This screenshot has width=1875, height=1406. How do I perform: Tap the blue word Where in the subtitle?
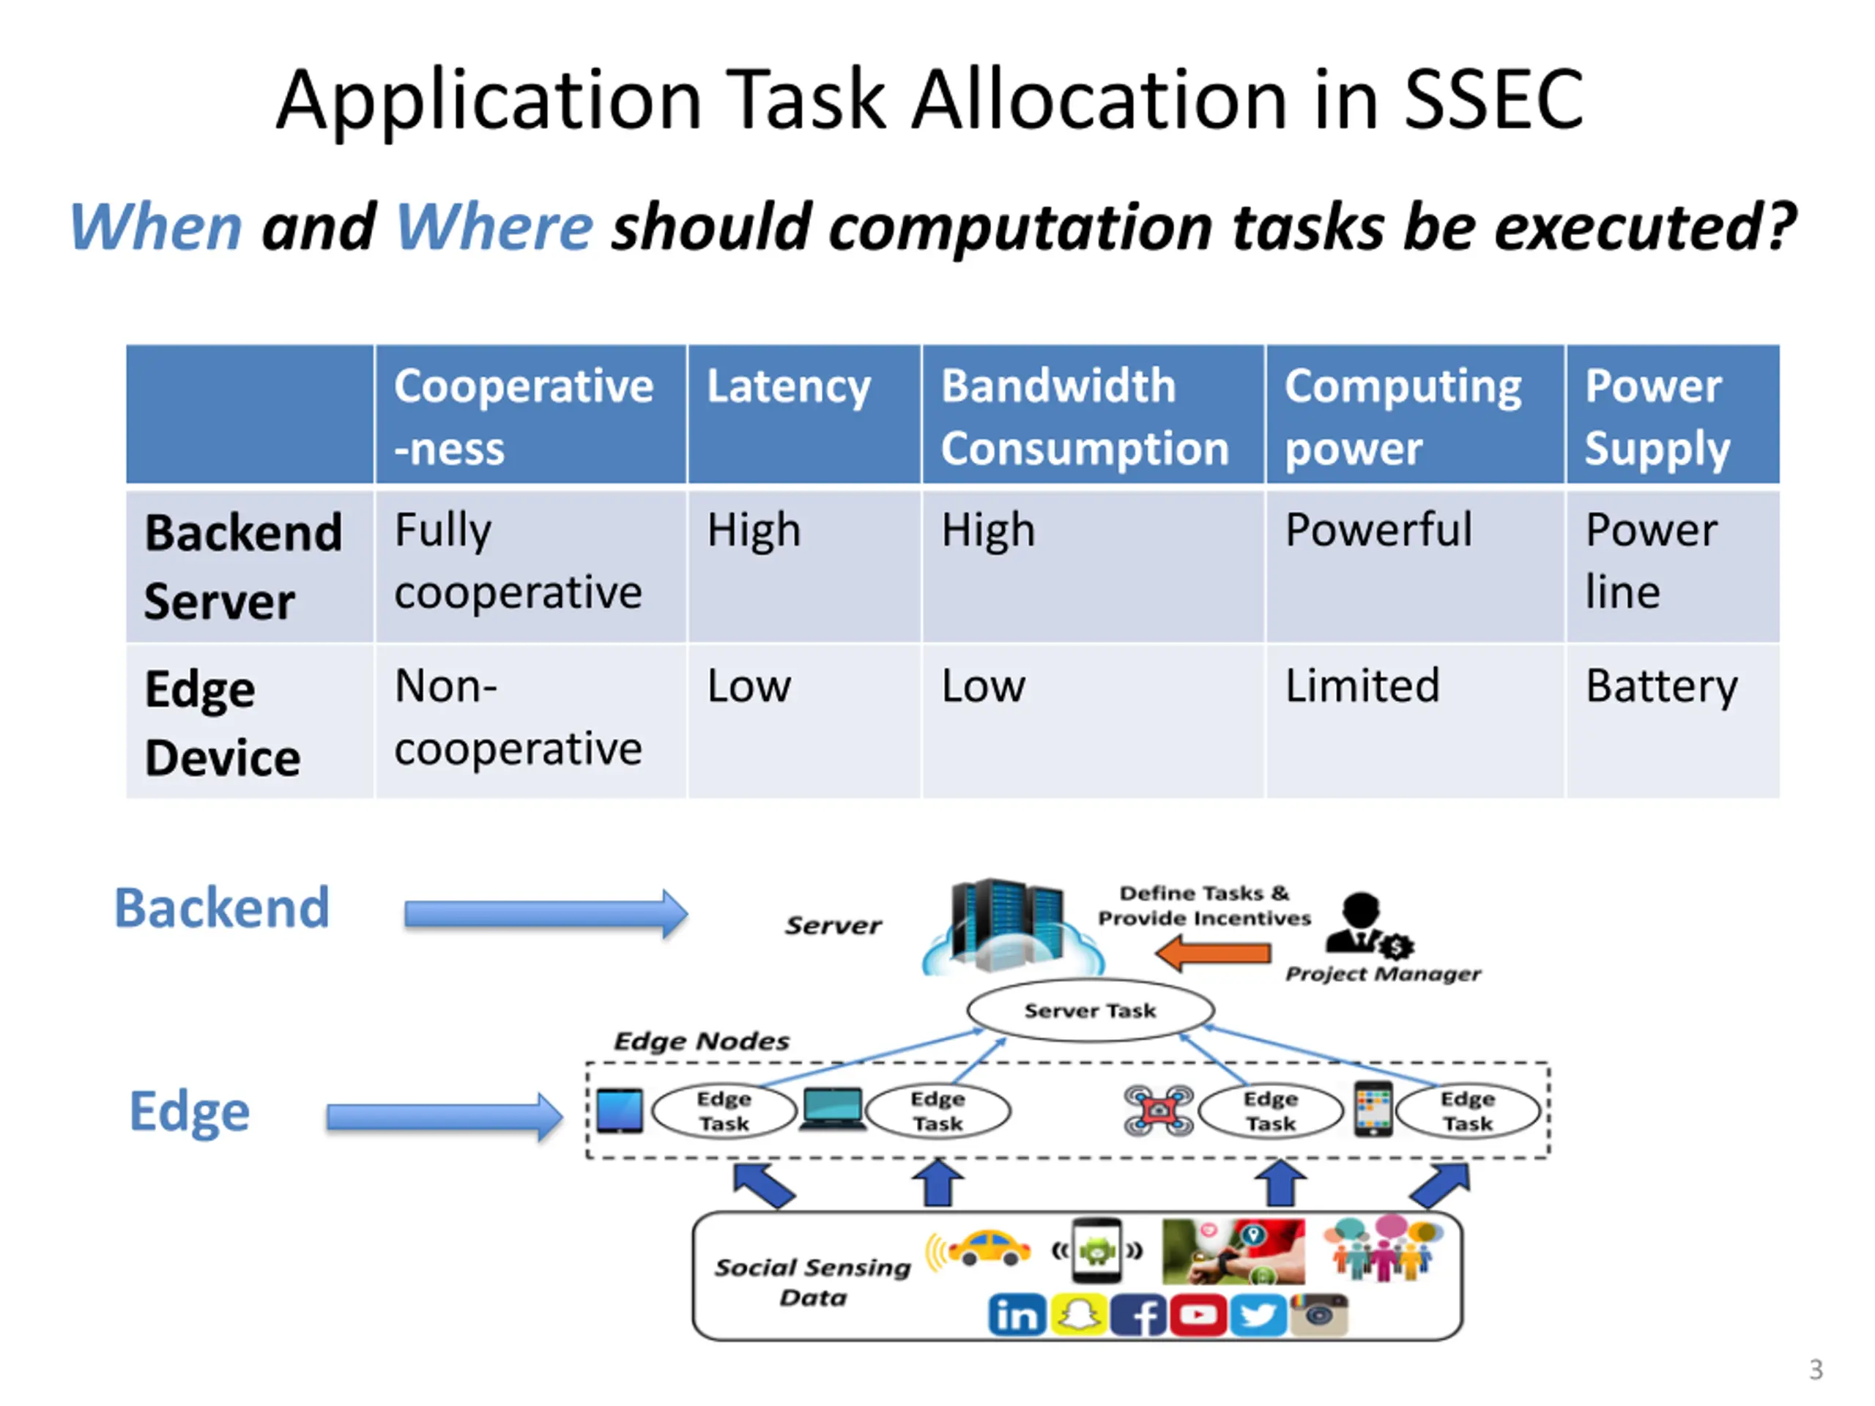click(494, 227)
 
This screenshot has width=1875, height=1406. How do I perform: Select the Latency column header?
click(788, 387)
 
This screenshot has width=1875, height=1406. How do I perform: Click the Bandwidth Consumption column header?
click(1084, 417)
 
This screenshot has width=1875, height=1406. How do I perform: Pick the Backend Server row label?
click(243, 567)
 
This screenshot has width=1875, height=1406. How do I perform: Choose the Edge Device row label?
click(223, 723)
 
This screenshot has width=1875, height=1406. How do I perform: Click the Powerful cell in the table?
click(1378, 529)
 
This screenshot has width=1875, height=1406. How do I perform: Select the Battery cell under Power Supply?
click(1661, 686)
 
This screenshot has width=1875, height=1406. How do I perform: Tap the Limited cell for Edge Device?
click(1362, 685)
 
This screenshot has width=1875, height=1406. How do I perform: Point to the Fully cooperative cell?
click(518, 561)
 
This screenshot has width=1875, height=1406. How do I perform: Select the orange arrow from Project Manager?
click(1213, 953)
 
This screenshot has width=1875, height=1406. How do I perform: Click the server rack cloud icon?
click(1012, 926)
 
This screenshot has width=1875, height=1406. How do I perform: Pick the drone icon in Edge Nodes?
click(1159, 1110)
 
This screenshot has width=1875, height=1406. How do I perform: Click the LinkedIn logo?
click(1017, 1315)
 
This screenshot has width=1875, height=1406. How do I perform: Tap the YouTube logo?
click(1198, 1314)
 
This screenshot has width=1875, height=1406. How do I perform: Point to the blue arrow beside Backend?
click(546, 914)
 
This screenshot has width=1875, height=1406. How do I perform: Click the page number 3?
click(1816, 1369)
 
